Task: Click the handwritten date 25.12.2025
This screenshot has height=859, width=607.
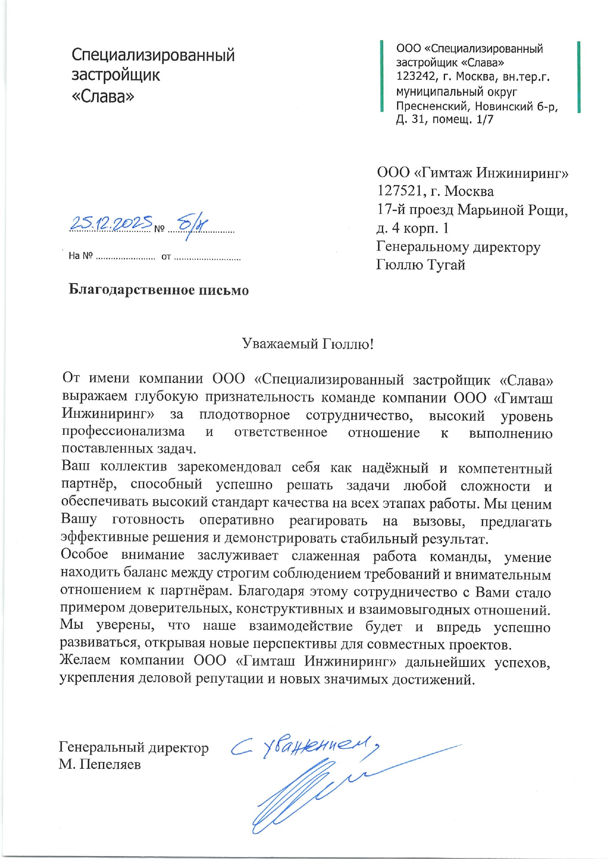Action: coord(111,223)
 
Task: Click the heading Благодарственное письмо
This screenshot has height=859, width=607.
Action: coord(159,290)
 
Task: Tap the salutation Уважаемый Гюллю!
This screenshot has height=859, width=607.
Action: coord(308,344)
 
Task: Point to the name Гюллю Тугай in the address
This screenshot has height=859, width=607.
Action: coord(420,265)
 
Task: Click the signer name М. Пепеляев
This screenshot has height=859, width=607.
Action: coord(100,764)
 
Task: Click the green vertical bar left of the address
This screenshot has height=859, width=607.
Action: coord(382,77)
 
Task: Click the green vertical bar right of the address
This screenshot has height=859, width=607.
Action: coord(579,77)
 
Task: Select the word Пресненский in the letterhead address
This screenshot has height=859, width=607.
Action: coord(426,106)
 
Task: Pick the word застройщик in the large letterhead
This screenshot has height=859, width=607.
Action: coord(116,75)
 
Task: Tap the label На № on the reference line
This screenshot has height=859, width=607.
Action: coord(80,256)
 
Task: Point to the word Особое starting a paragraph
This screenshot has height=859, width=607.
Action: coord(84,554)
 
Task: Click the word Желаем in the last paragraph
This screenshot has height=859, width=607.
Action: coord(85,660)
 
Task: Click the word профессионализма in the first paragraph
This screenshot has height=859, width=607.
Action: coord(123,431)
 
